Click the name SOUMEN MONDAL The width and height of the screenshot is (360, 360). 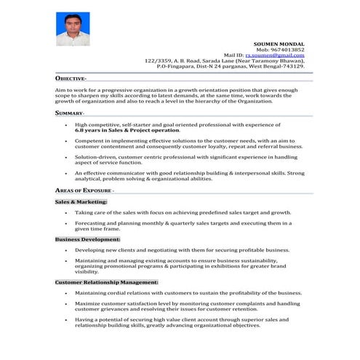(x=279, y=44)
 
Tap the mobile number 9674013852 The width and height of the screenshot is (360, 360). (x=287, y=49)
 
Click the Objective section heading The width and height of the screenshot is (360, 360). (x=71, y=78)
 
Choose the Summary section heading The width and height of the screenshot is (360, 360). (x=70, y=113)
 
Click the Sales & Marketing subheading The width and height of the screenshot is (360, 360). (x=81, y=201)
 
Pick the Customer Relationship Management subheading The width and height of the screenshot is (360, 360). (x=107, y=281)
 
